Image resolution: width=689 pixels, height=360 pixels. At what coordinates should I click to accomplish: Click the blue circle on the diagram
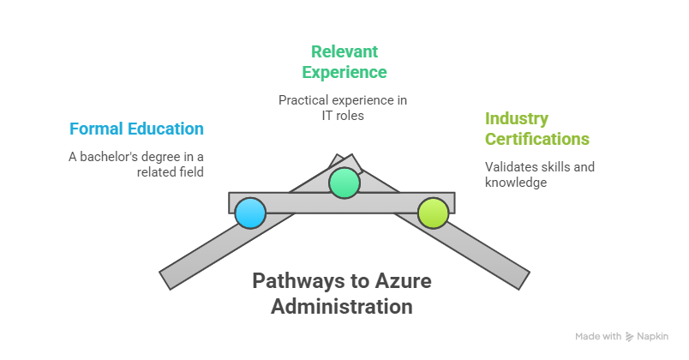coord(250,213)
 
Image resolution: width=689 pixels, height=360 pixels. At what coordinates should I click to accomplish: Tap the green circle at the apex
coord(344,183)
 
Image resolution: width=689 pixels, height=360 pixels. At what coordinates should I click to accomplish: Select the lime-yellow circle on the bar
coord(434,213)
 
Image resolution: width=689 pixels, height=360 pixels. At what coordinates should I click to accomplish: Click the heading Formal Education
coord(137,129)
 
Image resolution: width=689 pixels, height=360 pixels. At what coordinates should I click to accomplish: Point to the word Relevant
coord(344,51)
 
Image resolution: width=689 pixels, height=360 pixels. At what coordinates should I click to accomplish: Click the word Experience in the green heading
coord(350,72)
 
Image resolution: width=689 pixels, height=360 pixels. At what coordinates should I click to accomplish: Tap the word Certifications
coord(537,139)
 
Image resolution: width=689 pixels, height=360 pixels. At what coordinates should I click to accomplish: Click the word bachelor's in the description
coord(118,156)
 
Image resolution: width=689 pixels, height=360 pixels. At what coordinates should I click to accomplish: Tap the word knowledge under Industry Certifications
coord(516,181)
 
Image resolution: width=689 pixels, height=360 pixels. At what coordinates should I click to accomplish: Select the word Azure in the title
coord(404,281)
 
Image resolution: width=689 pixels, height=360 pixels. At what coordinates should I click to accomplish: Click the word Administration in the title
coord(342,306)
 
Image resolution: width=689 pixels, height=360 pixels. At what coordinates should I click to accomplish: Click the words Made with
coord(598,337)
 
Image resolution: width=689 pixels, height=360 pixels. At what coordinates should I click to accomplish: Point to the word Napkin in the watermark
coord(653,337)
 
